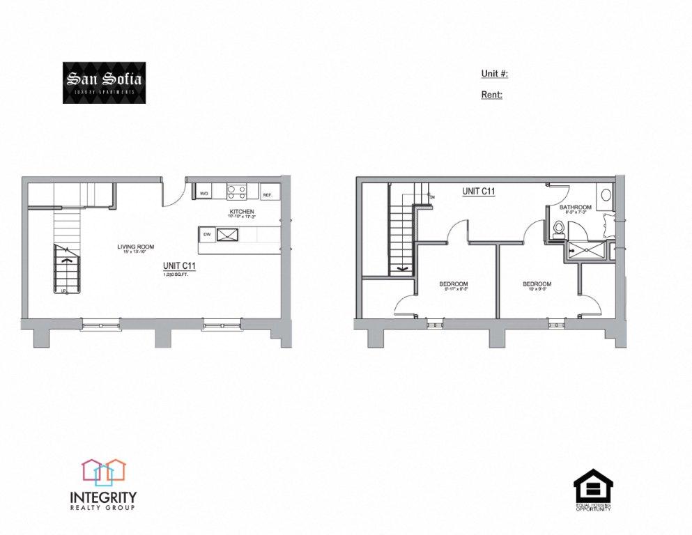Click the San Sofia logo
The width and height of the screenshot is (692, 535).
click(105, 83)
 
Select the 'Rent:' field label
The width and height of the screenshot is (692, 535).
click(491, 95)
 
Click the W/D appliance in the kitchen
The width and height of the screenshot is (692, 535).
click(204, 193)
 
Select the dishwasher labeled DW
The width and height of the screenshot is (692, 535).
click(207, 235)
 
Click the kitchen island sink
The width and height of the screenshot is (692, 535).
click(228, 235)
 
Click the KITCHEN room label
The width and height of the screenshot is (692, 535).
click(241, 212)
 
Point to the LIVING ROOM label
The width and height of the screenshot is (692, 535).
click(135, 247)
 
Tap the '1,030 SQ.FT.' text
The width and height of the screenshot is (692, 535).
click(176, 275)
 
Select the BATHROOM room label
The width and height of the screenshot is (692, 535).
click(576, 207)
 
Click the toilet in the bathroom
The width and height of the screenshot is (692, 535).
click(557, 229)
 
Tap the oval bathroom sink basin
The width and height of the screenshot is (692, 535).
click(606, 194)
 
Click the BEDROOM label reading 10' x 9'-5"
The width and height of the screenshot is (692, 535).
click(537, 284)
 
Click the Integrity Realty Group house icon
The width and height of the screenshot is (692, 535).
click(103, 471)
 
